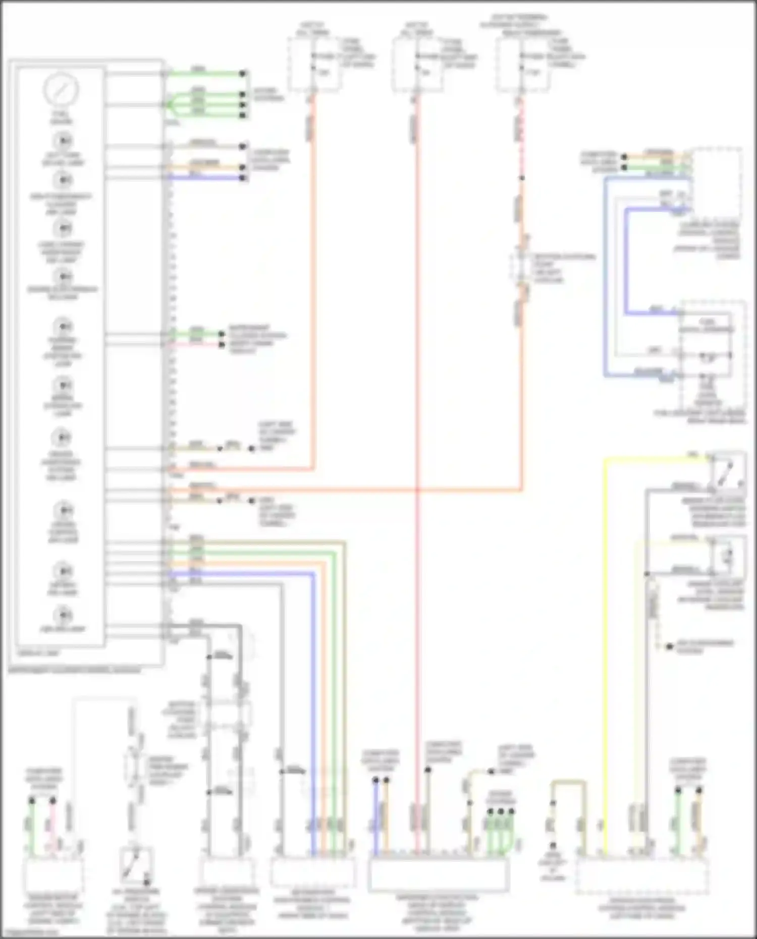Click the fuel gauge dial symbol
[x=61, y=89]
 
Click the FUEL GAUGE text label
[x=61, y=118]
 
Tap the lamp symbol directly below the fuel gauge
[x=63, y=140]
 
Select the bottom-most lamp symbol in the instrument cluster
[x=63, y=615]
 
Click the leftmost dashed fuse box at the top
[x=313, y=65]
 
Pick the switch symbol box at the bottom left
[x=136, y=866]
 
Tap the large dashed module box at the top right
[x=717, y=182]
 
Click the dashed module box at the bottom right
[x=641, y=875]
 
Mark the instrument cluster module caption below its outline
[x=75, y=670]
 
